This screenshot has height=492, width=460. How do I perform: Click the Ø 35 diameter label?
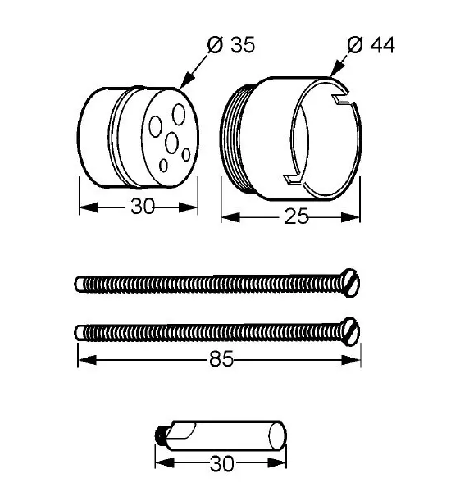coord(231,45)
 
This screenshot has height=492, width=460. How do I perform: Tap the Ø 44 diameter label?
coord(371,45)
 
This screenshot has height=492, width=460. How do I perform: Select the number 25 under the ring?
coord(296,216)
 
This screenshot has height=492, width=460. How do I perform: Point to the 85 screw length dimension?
coord(221,358)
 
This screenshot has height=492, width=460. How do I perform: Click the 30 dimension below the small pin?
coord(222,463)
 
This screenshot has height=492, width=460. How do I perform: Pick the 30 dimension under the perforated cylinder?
coord(143,207)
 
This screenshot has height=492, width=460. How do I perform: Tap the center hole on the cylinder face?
coord(171,143)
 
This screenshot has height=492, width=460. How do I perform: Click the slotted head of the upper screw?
coord(350,283)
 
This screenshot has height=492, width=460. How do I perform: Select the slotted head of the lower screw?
coord(350,331)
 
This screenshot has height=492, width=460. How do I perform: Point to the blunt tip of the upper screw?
coord(79,285)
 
